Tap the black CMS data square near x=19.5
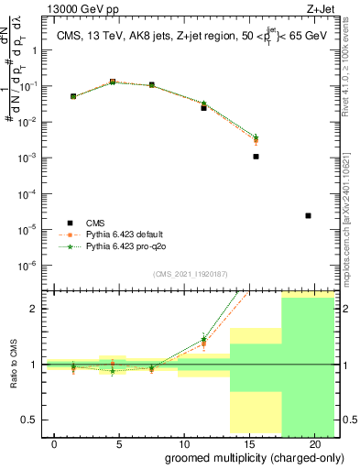[308, 216]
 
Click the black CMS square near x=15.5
[256, 157]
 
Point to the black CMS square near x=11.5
[204, 108]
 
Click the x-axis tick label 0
[55, 444]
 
